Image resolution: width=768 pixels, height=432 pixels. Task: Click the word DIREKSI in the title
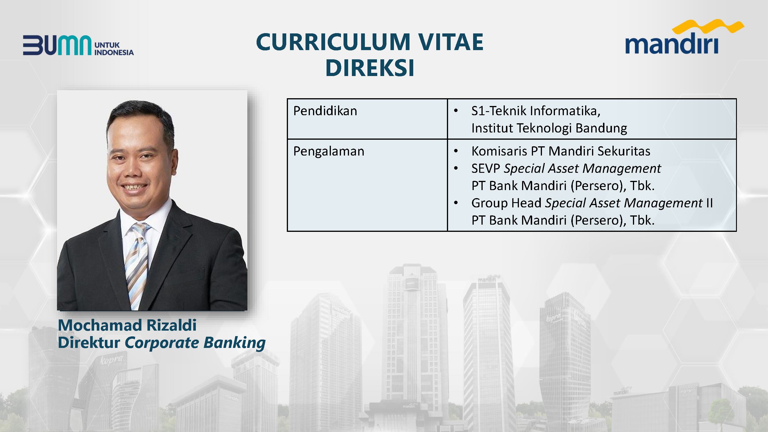tap(370, 68)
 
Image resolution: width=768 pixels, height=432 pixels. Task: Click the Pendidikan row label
tap(325, 111)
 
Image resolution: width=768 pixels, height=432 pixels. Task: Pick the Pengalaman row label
tap(329, 151)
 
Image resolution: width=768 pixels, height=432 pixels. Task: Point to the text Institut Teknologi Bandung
tap(549, 128)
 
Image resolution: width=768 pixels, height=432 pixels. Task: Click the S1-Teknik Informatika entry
tap(536, 111)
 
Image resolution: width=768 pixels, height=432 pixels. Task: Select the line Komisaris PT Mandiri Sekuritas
tap(560, 151)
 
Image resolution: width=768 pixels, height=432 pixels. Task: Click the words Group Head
tap(506, 203)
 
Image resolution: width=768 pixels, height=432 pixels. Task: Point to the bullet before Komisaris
tap(456, 151)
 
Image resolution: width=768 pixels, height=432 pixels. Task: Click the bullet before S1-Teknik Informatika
tap(456, 111)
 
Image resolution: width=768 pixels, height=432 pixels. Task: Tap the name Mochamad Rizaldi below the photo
tap(127, 325)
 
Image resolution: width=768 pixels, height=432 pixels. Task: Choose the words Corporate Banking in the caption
tap(195, 343)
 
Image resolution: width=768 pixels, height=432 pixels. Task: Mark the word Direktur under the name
tap(89, 342)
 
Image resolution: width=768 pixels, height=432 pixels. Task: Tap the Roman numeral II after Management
tap(709, 203)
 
